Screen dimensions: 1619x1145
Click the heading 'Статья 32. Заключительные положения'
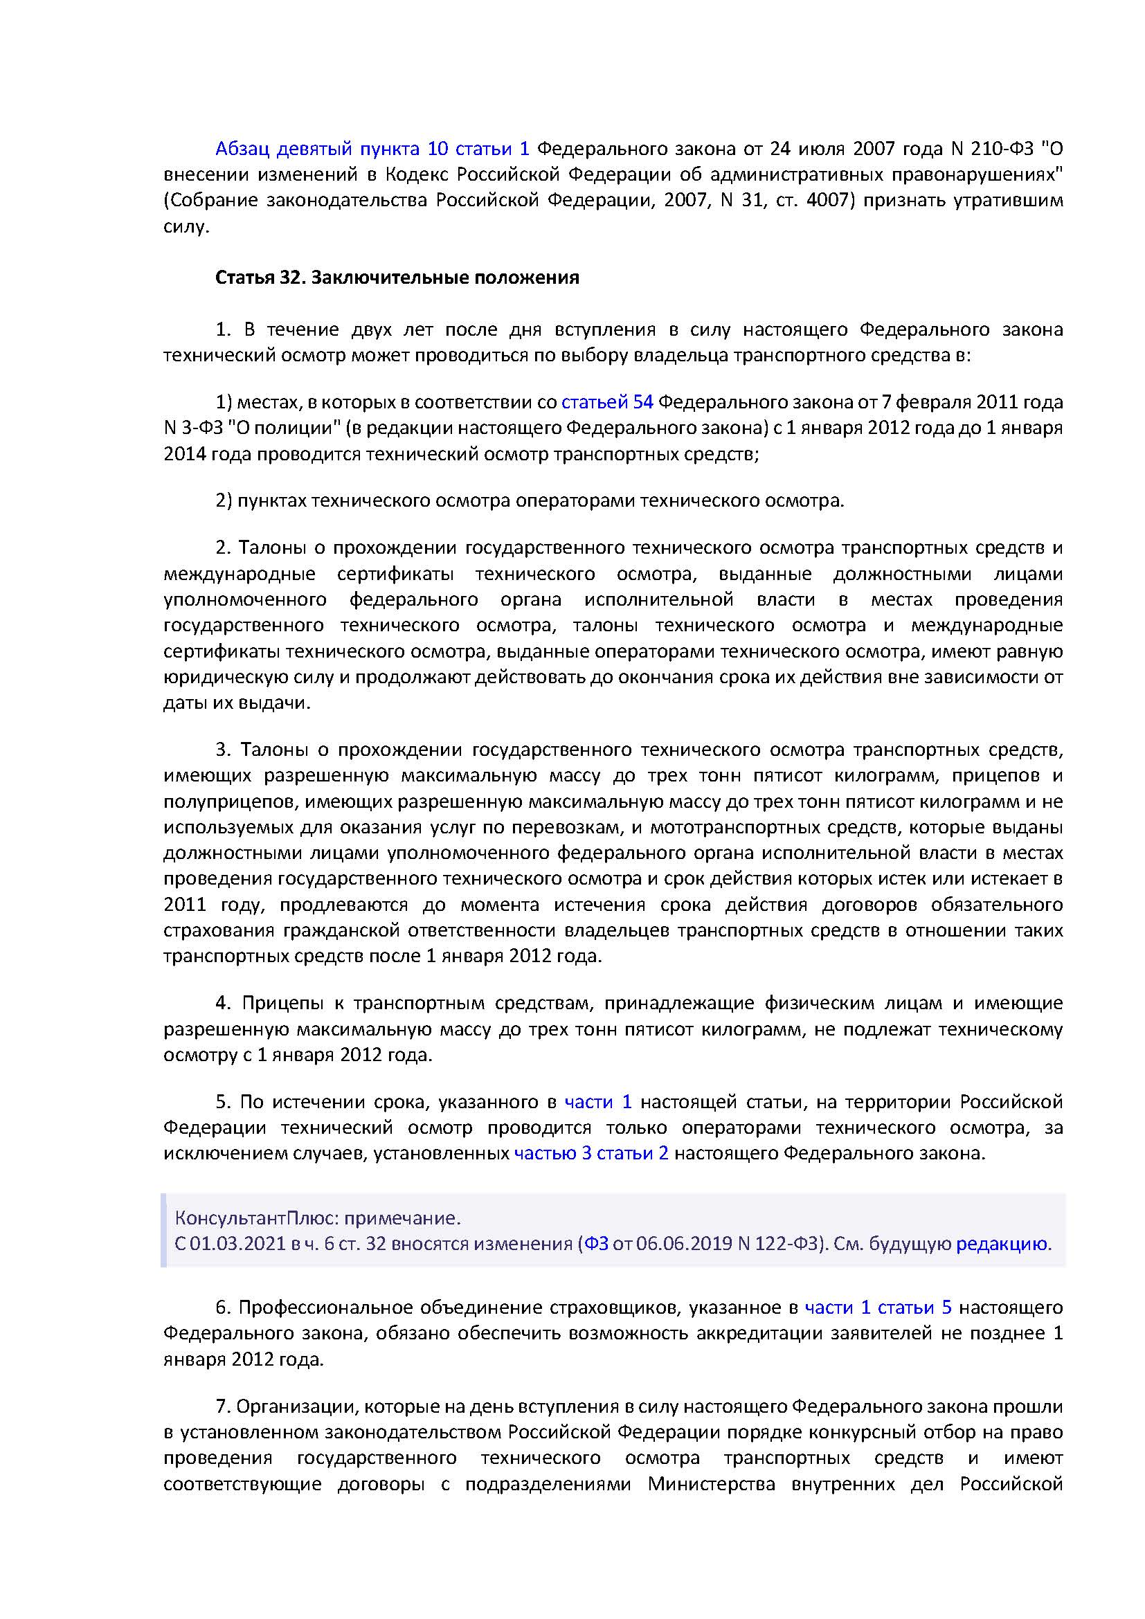397,278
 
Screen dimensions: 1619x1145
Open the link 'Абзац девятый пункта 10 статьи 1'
372,149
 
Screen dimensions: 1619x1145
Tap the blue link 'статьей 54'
607,402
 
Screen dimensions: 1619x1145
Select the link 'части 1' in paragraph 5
598,1101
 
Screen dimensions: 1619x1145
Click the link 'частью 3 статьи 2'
590,1153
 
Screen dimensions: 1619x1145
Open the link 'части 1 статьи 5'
878,1307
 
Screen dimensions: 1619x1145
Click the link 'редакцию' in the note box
1002,1243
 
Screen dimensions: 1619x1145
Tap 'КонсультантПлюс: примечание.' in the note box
317,1218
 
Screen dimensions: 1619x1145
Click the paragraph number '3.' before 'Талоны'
224,749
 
